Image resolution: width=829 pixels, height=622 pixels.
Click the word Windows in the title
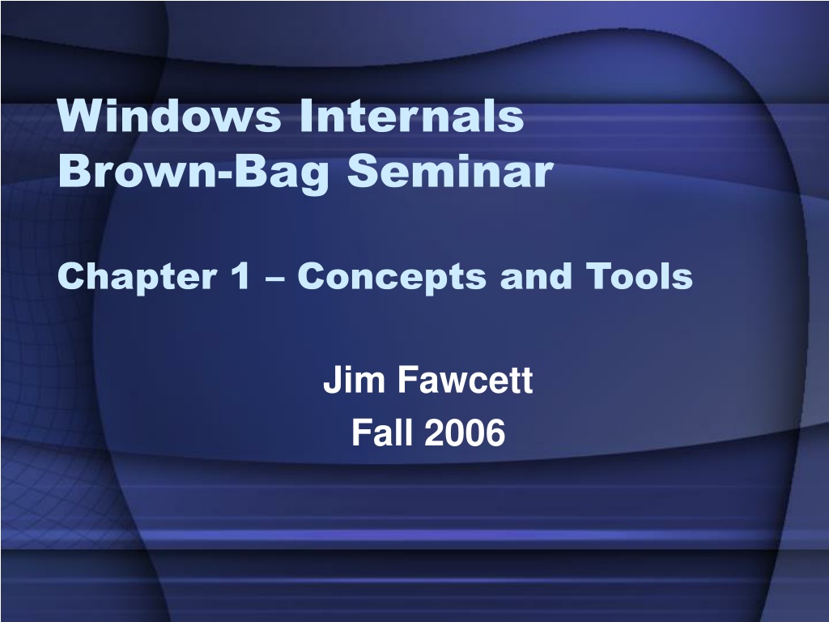(169, 115)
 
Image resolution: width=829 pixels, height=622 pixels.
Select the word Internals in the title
(412, 115)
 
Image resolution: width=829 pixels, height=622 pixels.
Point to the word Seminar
(450, 171)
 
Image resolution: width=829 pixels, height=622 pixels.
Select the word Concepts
(391, 277)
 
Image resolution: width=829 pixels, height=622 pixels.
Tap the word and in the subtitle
(536, 275)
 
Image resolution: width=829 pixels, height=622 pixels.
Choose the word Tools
(640, 275)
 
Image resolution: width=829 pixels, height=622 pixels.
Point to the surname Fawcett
(466, 380)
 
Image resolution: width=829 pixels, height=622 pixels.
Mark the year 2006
(465, 432)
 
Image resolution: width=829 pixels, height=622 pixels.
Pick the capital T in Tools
(600, 275)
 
